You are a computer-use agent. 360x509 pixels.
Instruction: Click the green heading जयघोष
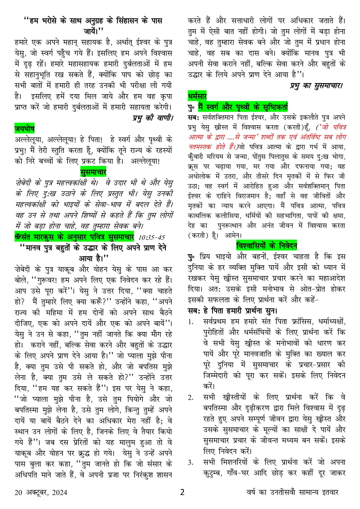pos(24,128)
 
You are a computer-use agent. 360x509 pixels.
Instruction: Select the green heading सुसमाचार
pos(93,171)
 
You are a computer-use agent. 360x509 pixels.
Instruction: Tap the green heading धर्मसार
pos(197,96)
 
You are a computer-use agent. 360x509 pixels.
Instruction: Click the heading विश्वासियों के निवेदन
pos(266,246)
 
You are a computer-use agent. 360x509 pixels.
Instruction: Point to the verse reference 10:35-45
pos(151,237)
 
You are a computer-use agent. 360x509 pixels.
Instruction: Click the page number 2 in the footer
pos(182,492)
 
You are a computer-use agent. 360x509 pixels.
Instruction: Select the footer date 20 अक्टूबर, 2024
pos(41,492)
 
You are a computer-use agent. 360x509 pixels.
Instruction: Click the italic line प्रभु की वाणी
pos(153,118)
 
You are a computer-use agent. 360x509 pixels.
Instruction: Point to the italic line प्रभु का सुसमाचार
pos(316,86)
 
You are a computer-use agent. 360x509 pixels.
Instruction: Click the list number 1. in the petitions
pos(191,322)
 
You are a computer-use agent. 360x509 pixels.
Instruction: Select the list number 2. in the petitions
pos(191,398)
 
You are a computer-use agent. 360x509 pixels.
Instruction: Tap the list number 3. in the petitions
pos(191,463)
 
